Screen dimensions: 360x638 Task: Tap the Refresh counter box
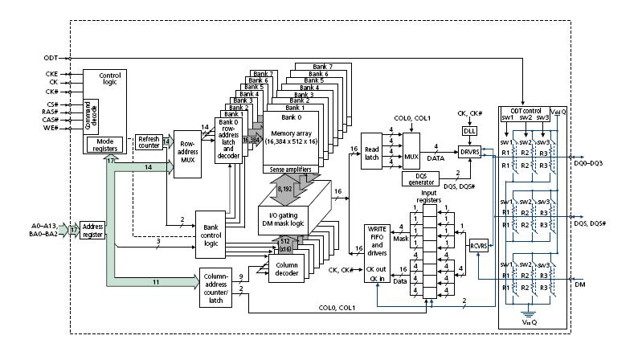click(148, 142)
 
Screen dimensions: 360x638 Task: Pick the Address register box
click(92, 231)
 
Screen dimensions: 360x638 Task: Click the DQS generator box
click(419, 178)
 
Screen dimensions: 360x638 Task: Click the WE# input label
click(52, 128)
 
